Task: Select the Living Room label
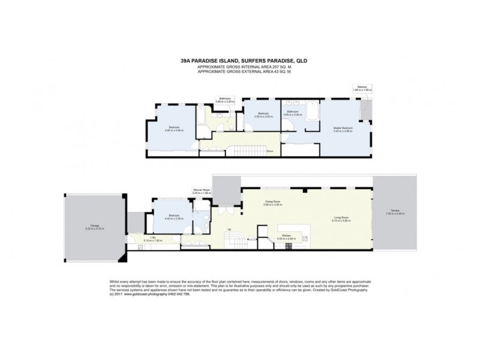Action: pos(341,218)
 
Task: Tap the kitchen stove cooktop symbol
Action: pos(305,238)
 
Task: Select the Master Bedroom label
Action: pos(343,128)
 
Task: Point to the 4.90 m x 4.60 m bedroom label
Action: pos(173,128)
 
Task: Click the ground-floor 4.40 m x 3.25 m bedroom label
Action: pos(172,217)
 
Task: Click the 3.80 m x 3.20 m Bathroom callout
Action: pos(225,100)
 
